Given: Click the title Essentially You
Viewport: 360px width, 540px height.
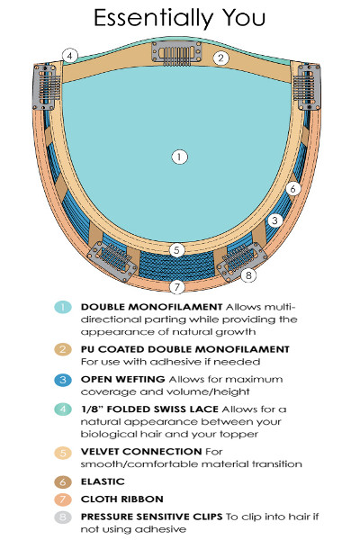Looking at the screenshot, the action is (x=179, y=18).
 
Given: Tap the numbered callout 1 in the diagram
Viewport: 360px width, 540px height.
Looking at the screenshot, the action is (x=179, y=157).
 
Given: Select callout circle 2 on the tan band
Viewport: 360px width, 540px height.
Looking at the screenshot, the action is (x=220, y=58).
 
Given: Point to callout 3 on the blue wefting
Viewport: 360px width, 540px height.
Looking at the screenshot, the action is (x=274, y=220).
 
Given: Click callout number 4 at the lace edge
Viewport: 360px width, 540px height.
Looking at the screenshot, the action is (x=70, y=56).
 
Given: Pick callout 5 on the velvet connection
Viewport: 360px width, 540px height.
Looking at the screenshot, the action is (x=176, y=250).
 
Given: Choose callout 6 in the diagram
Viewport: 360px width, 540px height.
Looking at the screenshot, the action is (x=292, y=188).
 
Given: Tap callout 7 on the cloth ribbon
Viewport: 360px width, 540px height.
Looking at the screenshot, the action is (x=176, y=286).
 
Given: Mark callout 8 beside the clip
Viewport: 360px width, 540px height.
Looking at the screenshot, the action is (x=248, y=275).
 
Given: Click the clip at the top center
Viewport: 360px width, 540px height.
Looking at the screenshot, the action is (x=176, y=53).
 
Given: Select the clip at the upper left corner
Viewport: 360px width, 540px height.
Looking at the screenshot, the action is (x=46, y=87).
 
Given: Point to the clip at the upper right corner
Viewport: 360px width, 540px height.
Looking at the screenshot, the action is (x=309, y=86).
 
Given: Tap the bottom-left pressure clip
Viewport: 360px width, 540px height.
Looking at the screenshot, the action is (x=112, y=261).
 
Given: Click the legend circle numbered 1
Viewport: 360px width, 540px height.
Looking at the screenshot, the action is (x=63, y=307).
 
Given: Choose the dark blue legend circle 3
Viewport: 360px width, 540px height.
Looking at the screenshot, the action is (x=63, y=380).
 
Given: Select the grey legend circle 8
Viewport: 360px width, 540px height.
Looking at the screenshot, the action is (x=63, y=517).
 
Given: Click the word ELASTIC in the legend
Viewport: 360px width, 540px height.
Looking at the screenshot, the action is (x=103, y=481).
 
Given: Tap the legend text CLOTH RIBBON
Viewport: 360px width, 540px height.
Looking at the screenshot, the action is (x=122, y=499).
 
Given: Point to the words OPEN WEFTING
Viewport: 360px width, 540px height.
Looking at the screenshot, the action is (x=122, y=379).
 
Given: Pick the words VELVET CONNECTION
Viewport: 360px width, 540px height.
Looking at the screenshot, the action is (x=141, y=452).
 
